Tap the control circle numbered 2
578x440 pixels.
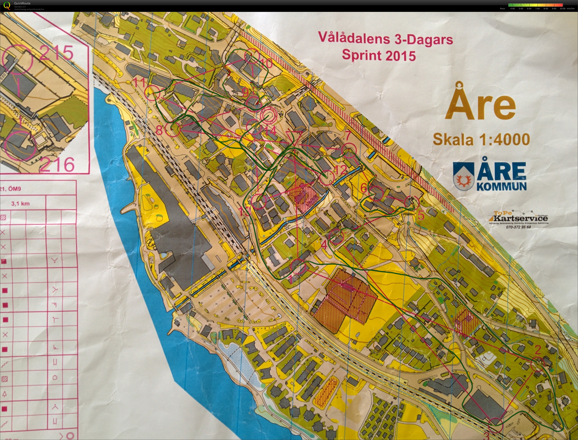pos(538,364)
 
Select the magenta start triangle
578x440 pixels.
pos(294,138)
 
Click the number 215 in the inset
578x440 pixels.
pos(56,52)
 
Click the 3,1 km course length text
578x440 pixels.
pos(20,203)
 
